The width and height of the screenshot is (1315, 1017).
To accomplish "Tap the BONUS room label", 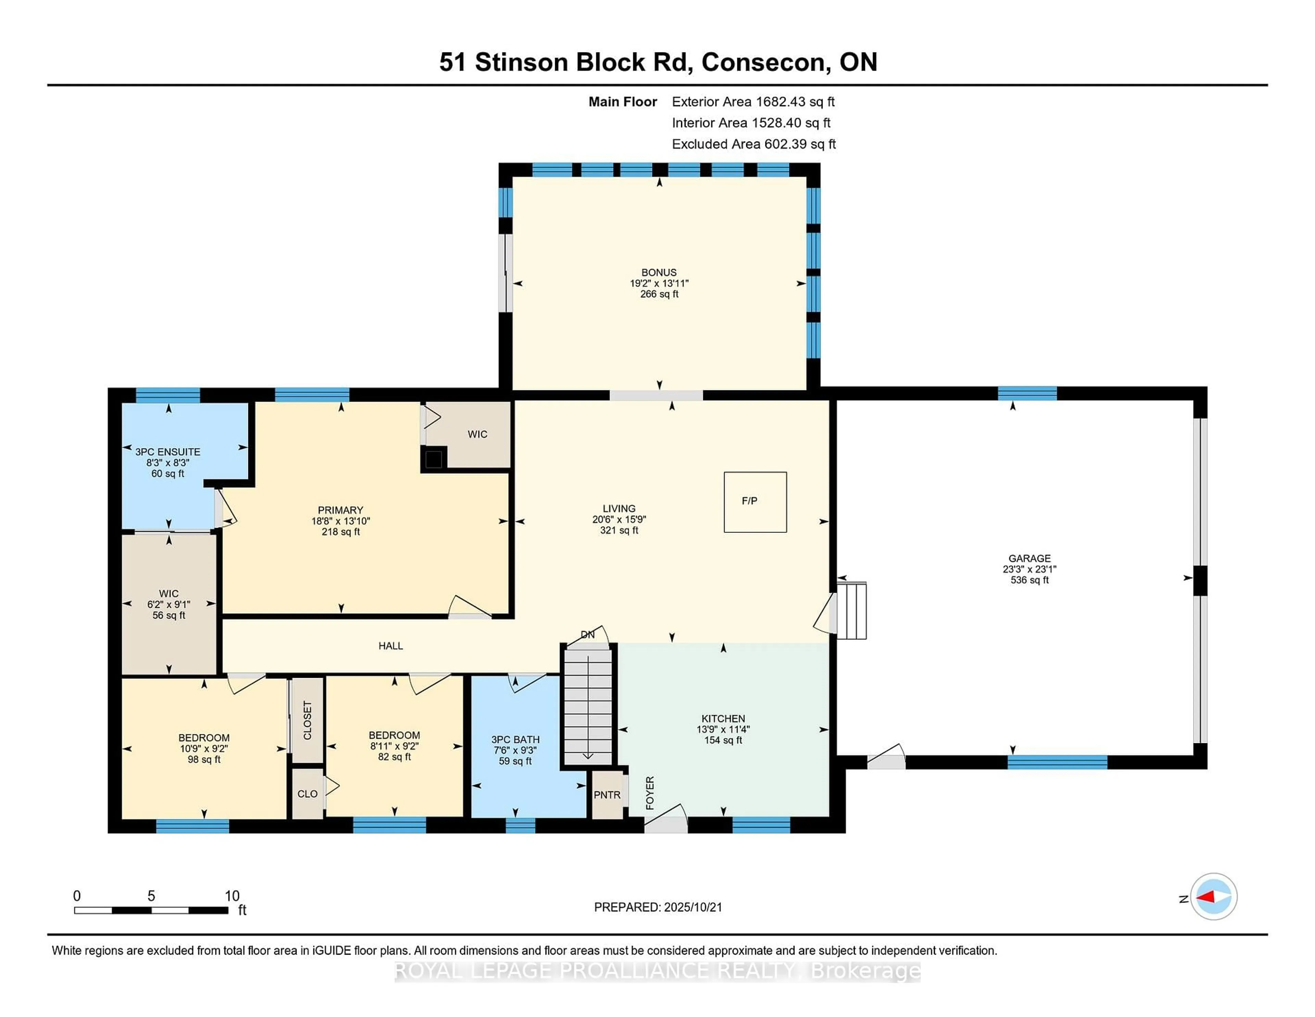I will (659, 272).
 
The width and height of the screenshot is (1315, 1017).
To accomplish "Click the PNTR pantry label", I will (606, 795).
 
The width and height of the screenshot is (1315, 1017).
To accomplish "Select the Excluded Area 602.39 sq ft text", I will (753, 144).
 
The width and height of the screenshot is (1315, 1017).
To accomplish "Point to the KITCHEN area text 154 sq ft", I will (723, 740).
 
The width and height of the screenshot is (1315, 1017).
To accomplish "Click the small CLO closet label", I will (307, 794).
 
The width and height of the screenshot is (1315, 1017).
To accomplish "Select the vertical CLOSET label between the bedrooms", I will (308, 720).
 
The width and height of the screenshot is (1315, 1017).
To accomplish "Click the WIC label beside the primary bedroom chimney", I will (477, 434).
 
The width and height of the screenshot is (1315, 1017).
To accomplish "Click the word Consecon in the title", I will (763, 62).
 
